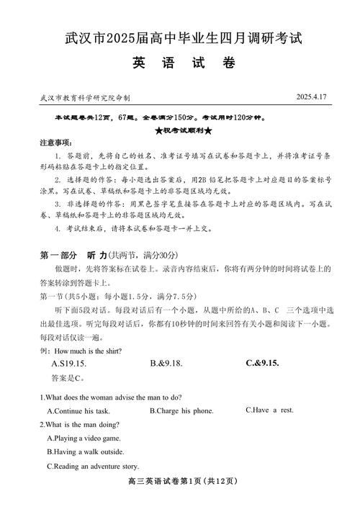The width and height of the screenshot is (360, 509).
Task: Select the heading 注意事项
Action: [x=55, y=143]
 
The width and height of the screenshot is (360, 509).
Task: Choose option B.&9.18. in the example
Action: [x=168, y=364]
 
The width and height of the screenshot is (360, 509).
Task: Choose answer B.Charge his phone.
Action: [x=181, y=410]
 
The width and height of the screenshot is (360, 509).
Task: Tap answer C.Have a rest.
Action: [x=269, y=410]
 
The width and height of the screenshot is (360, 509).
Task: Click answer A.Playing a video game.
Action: [x=84, y=438]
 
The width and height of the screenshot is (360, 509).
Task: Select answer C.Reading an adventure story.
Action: [x=92, y=466]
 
